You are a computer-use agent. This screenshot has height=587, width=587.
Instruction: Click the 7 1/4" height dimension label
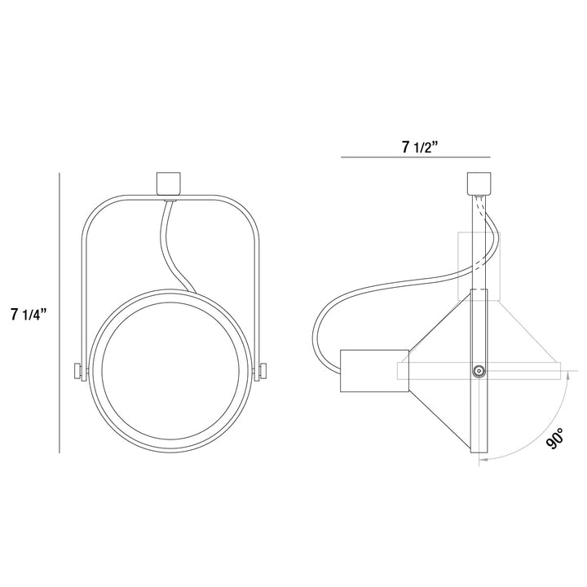pos(29,314)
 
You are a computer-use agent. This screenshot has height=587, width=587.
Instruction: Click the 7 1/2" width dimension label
pos(420,148)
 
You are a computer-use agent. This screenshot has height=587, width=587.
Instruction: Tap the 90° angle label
pos(554,439)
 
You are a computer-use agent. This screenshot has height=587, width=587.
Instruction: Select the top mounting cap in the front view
pos(169,183)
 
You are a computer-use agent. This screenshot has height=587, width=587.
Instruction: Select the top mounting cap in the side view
pos(479,183)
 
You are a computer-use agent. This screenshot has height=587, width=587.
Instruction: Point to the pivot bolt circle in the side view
pos(479,372)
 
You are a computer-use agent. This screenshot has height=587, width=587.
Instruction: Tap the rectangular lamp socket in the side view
pos(374,371)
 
